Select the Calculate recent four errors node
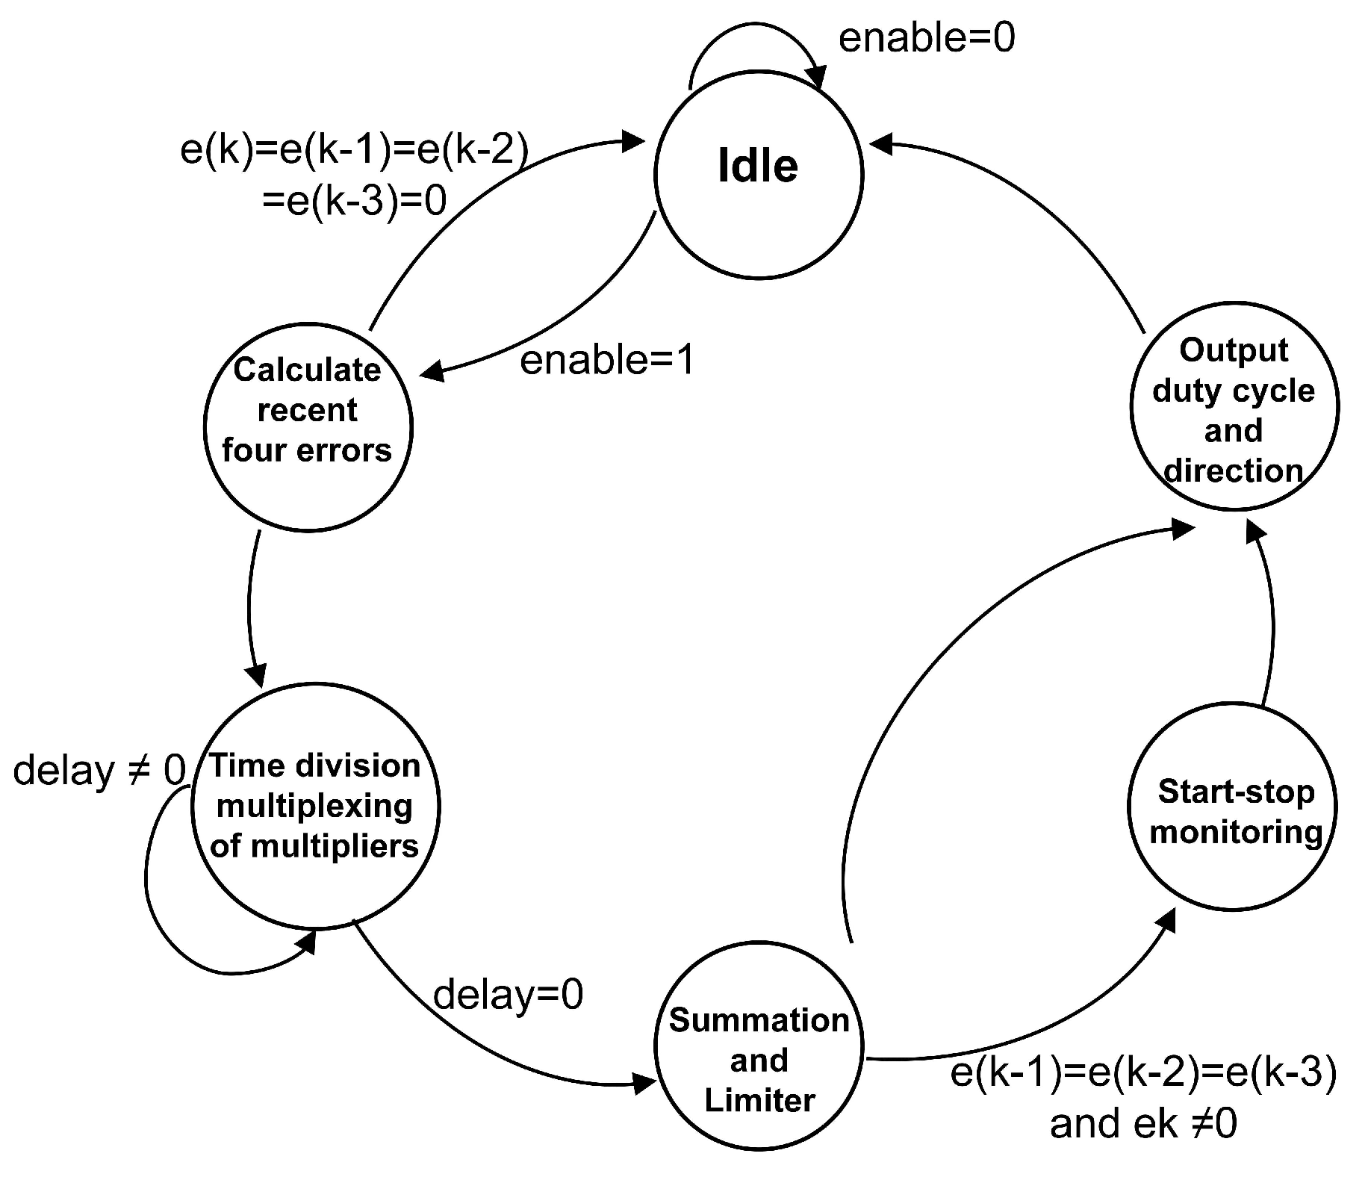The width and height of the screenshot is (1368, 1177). click(x=308, y=427)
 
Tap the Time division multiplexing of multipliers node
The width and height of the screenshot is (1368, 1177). click(x=315, y=807)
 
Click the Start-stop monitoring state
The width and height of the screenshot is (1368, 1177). click(x=1232, y=807)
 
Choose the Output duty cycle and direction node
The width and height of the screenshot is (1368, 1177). click(x=1234, y=407)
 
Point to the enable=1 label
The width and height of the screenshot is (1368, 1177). click(x=606, y=360)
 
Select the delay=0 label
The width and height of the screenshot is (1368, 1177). click(x=508, y=995)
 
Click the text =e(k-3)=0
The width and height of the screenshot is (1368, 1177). click(x=355, y=200)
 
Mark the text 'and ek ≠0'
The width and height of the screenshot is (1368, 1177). click(x=1142, y=1123)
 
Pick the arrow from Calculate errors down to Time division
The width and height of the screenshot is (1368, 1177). click(x=249, y=605)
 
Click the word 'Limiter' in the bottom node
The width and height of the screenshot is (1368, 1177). click(x=759, y=1100)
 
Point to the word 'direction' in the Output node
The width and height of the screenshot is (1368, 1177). click(x=1234, y=471)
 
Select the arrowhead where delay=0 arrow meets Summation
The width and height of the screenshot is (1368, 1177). click(x=644, y=1082)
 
